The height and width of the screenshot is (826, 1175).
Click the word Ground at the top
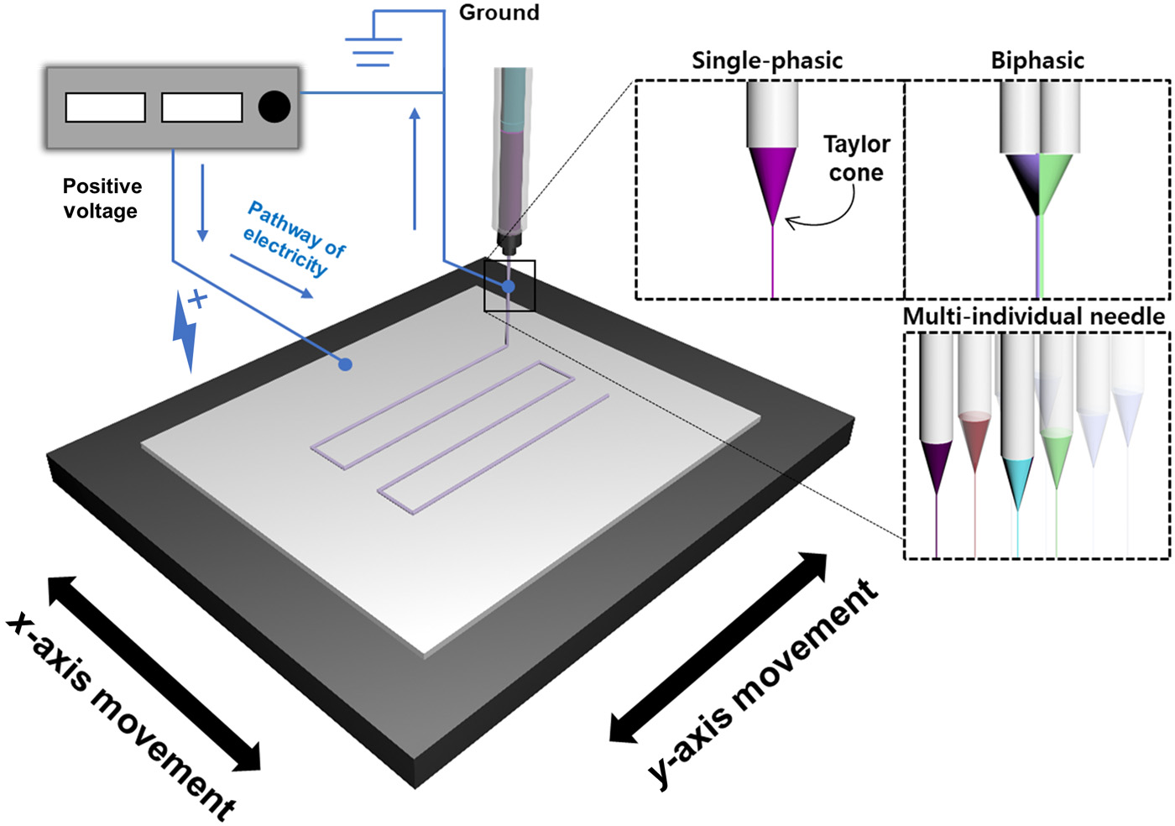pyautogui.click(x=499, y=13)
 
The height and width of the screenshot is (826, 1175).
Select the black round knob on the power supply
pyautogui.click(x=274, y=107)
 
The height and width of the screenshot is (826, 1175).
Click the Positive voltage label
pyautogui.click(x=102, y=198)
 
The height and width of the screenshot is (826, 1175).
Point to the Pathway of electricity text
pyautogui.click(x=294, y=238)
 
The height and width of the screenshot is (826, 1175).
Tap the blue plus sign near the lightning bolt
pyautogui.click(x=198, y=299)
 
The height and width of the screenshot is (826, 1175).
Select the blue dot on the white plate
pyautogui.click(x=344, y=364)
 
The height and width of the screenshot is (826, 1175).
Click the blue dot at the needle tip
pyautogui.click(x=509, y=287)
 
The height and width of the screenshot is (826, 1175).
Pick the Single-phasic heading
pyautogui.click(x=767, y=60)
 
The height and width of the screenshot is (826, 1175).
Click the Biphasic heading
pyautogui.click(x=1037, y=60)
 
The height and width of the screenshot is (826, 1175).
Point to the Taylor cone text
pyautogui.click(x=856, y=158)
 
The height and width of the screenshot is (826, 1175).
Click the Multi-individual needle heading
pyautogui.click(x=1034, y=316)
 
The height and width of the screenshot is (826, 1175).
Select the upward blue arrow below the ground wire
pyautogui.click(x=415, y=168)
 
